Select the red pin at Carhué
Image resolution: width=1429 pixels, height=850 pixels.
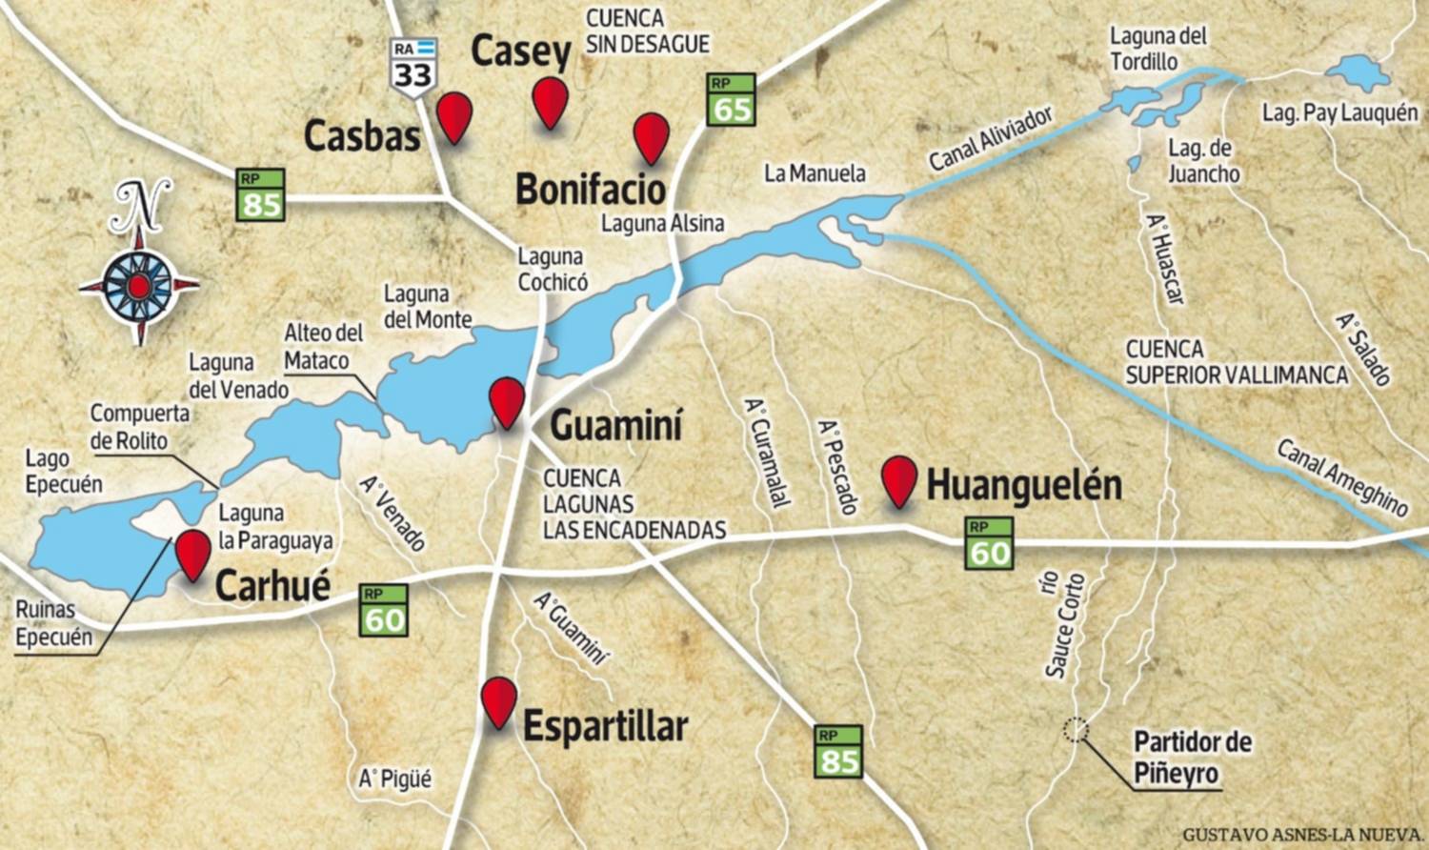click(193, 551)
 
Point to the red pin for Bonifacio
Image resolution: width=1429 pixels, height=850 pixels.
click(652, 134)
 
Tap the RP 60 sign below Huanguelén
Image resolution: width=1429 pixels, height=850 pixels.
click(989, 544)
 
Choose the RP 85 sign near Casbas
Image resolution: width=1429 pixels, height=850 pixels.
click(261, 194)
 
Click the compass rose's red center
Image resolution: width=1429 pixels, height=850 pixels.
click(139, 285)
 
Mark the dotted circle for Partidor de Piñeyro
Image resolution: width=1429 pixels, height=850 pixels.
click(1076, 730)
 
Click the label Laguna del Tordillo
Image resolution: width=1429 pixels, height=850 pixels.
click(1158, 49)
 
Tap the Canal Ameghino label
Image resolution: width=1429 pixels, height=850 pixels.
click(1341, 476)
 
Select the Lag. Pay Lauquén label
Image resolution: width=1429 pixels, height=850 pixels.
click(1339, 112)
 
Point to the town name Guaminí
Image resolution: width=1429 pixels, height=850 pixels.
click(616, 425)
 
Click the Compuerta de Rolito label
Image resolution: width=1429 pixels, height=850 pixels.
click(140, 427)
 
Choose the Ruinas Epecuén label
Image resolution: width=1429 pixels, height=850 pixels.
click(54, 623)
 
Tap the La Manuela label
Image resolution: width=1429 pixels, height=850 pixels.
click(815, 172)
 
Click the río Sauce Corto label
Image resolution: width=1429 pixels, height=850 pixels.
click(1064, 625)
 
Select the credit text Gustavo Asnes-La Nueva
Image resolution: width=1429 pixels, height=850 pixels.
click(1302, 835)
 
